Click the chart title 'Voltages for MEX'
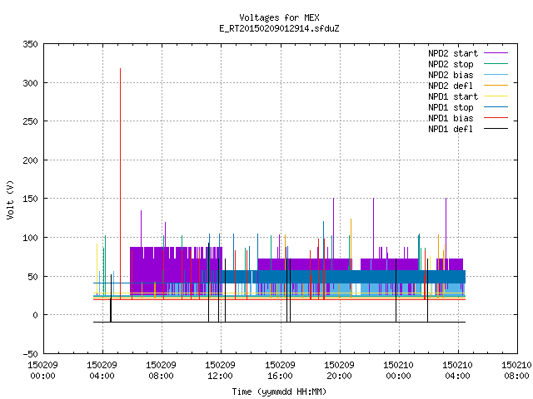click(x=279, y=17)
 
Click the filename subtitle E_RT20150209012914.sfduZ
click(x=279, y=28)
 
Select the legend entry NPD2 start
click(x=453, y=53)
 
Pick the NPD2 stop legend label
click(x=451, y=64)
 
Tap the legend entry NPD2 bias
click(x=451, y=75)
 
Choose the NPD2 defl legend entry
click(x=451, y=86)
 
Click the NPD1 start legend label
click(x=453, y=96)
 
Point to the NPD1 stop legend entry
click(x=451, y=107)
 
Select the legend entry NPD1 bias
click(x=451, y=118)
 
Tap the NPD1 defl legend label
click(x=451, y=129)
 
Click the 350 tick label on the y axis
click(x=30, y=44)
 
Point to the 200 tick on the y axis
click(x=30, y=160)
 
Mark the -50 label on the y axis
click(x=30, y=354)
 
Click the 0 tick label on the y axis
click(x=35, y=315)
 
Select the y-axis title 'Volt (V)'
click(x=10, y=199)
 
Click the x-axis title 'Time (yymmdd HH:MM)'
click(x=279, y=392)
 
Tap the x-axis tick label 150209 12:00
click(x=220, y=371)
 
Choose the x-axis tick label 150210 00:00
click(x=398, y=371)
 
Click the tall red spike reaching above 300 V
click(x=120, y=184)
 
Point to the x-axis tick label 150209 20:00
click(x=339, y=371)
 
